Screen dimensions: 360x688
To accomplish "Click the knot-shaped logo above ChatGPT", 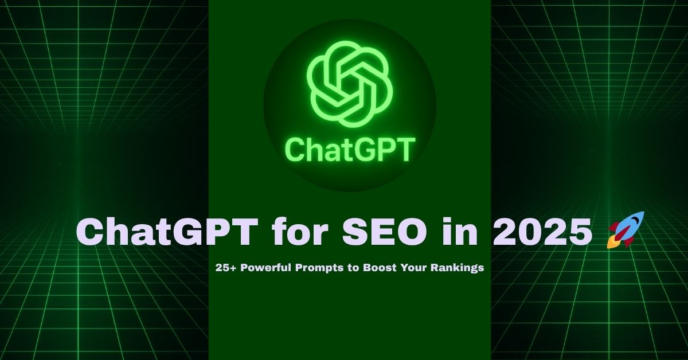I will [349, 86].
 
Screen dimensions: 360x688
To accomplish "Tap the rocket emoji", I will [626, 229].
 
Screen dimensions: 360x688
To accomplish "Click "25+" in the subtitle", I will [225, 268].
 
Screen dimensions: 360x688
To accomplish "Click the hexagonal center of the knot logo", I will [349, 86].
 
